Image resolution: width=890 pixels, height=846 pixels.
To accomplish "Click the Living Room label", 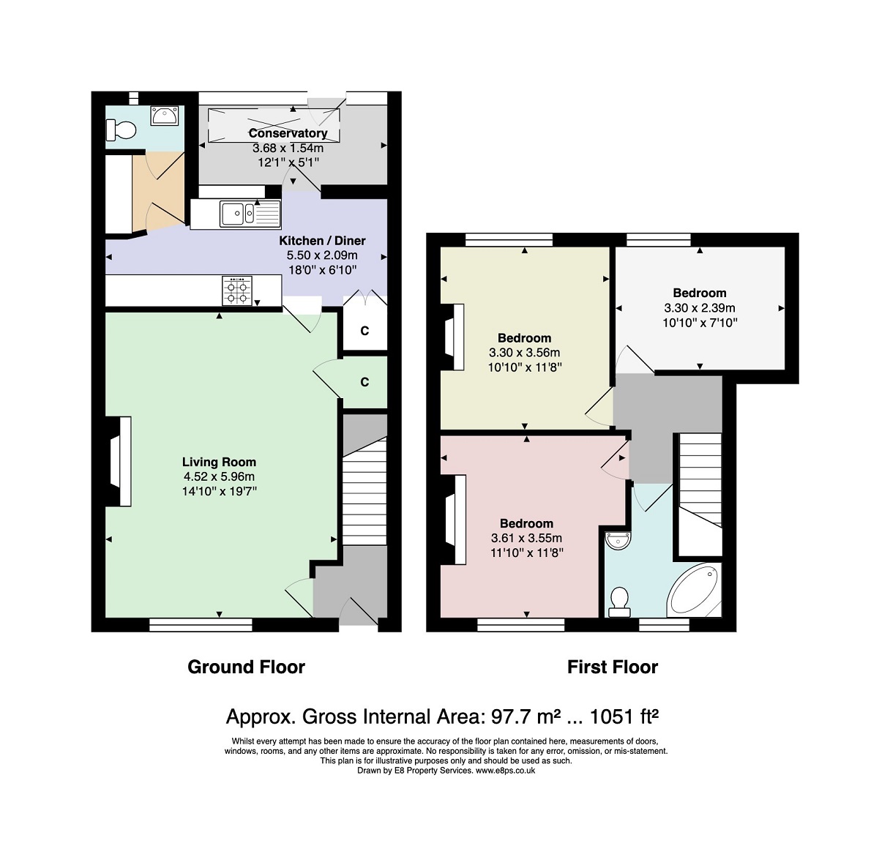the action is pyautogui.click(x=219, y=462).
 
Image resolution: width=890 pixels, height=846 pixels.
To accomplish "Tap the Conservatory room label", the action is pyautogui.click(x=288, y=133).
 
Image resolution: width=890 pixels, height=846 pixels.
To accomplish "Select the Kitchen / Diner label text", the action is pyautogui.click(x=322, y=240).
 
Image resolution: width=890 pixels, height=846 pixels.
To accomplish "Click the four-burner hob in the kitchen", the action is pyautogui.click(x=237, y=291).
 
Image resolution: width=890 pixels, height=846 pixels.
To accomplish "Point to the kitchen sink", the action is pyautogui.click(x=250, y=214).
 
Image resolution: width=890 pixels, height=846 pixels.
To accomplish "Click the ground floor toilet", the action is pyautogui.click(x=121, y=130).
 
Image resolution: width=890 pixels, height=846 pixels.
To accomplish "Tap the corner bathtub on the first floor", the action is pyautogui.click(x=694, y=590).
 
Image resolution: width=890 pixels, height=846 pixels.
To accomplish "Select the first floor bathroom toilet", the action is pyautogui.click(x=619, y=602).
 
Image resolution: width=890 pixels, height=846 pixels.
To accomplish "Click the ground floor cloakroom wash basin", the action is pyautogui.click(x=165, y=116).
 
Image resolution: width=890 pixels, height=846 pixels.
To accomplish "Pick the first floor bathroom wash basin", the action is pyautogui.click(x=618, y=541).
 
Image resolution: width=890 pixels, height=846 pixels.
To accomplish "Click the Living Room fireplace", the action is pyautogui.click(x=119, y=461).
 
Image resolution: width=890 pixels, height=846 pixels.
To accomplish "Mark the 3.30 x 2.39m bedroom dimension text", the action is pyautogui.click(x=700, y=308).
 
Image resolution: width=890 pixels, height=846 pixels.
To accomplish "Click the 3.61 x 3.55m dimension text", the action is pyautogui.click(x=526, y=538).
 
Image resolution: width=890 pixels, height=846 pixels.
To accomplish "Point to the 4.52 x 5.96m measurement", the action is pyautogui.click(x=219, y=476).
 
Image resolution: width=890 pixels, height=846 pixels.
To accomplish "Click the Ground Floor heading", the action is pyautogui.click(x=246, y=667).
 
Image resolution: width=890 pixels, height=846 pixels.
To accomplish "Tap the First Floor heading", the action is pyautogui.click(x=613, y=667).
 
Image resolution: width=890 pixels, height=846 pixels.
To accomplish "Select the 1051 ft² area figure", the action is pyautogui.click(x=624, y=716).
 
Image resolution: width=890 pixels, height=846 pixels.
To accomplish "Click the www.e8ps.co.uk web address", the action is pyautogui.click(x=505, y=771).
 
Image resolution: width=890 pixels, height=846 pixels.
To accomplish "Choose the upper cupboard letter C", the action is pyautogui.click(x=364, y=331).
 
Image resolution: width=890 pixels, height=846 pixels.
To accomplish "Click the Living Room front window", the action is pyautogui.click(x=201, y=625).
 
